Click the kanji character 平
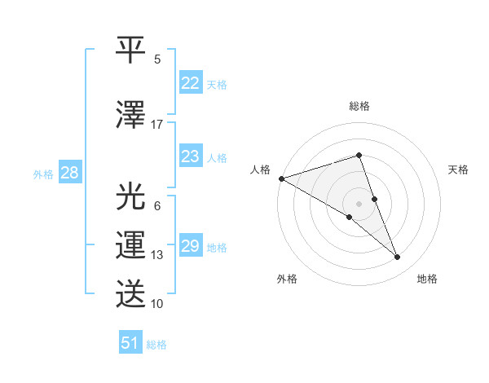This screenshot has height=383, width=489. click(131, 51)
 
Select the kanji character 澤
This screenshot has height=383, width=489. click(131, 115)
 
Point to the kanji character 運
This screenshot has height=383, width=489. click(131, 245)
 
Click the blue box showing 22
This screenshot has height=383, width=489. click(191, 83)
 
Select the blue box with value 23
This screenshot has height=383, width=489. click(191, 156)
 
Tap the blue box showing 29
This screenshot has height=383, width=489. click(191, 246)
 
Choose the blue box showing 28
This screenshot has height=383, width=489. click(69, 173)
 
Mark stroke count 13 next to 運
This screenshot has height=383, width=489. click(157, 255)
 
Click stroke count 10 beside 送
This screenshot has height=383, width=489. click(157, 304)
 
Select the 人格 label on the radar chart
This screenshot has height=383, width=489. click(261, 169)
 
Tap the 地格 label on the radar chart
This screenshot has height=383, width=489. click(427, 279)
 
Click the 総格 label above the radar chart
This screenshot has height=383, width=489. click(359, 106)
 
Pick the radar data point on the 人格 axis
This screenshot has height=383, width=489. click(281, 178)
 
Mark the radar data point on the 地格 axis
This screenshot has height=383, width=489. click(398, 258)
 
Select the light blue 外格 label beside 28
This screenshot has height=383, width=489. click(42, 174)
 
